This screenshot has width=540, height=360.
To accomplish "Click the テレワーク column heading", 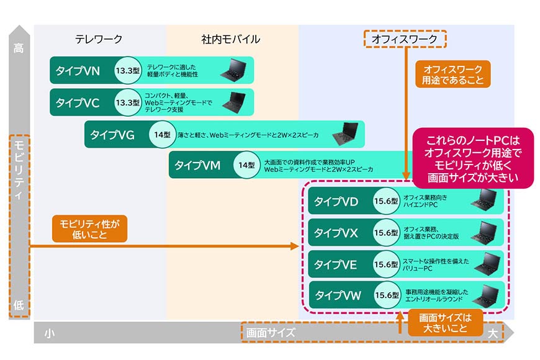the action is pos(99,39).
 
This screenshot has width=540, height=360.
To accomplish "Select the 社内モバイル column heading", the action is pos(230,39).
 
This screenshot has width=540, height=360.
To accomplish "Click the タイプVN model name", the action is pos(78,71).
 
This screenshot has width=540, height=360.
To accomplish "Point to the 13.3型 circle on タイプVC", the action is pos(127,102).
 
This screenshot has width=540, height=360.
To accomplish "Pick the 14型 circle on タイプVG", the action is pos(162,134).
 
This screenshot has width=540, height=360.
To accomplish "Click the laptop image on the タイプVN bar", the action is pos(234,70).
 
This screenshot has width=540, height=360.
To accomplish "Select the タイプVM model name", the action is pos(197,165).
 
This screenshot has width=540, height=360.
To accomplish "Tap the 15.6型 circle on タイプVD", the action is pos(386,201).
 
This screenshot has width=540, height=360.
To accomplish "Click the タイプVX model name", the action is pos(336,233).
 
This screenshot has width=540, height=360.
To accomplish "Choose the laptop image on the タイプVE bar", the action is pos(487,264).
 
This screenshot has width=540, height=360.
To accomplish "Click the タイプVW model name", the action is pos(338,295).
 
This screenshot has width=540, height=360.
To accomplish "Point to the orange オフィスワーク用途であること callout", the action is pos(452,74).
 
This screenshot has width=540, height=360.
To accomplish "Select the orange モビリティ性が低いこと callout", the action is pos(89,229).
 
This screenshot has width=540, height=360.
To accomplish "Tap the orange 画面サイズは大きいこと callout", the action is pos(445,323).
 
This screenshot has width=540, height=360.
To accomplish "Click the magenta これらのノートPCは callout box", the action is pos(473,158).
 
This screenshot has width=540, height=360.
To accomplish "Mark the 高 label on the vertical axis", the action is pos(19,48).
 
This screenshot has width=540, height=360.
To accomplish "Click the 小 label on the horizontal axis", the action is pos(49,333).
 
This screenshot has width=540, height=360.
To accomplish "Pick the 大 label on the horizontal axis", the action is pos(493,333).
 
